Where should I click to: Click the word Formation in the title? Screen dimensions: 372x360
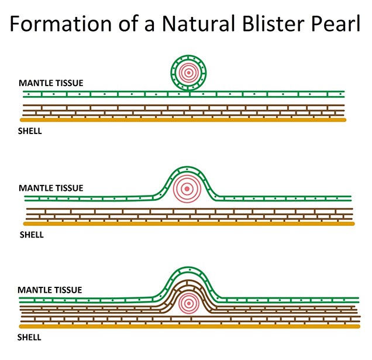(x=61, y=23)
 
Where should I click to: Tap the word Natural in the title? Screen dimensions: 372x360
(x=198, y=23)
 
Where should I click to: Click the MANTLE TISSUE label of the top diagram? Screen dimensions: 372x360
(x=51, y=83)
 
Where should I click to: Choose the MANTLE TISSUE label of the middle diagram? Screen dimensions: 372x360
(x=51, y=188)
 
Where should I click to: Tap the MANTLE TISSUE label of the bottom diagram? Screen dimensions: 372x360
(x=50, y=290)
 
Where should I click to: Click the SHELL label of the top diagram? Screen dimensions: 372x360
(x=30, y=131)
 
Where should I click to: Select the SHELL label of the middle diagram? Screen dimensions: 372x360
(x=32, y=235)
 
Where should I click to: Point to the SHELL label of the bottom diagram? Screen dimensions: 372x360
(x=29, y=337)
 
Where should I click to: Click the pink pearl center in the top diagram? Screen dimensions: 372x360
(x=188, y=73)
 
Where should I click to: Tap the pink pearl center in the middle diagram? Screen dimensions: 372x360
(x=187, y=189)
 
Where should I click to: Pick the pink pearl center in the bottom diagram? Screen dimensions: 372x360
(x=188, y=303)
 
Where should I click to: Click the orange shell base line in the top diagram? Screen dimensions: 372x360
(x=183, y=120)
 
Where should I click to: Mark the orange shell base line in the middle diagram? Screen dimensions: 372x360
(x=189, y=224)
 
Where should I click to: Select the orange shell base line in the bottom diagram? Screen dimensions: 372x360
(x=190, y=327)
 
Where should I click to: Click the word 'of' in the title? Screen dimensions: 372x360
(x=128, y=23)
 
